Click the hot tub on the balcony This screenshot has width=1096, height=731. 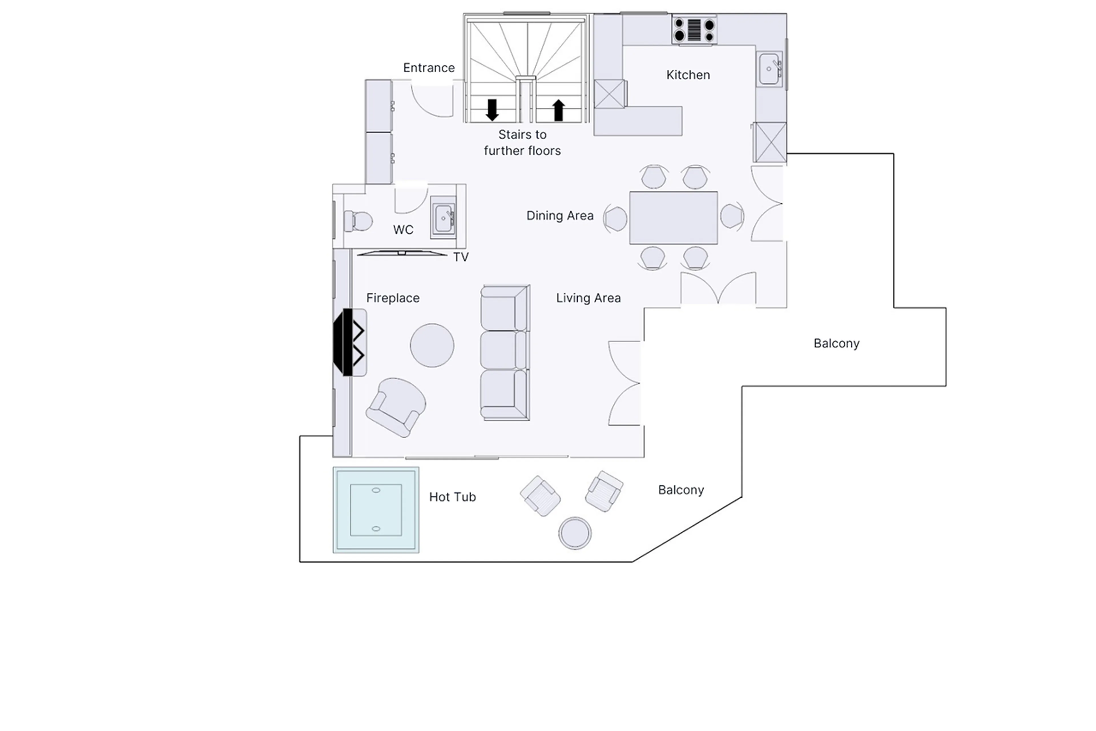pos(375,510)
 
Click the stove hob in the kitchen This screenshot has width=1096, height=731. pos(694,29)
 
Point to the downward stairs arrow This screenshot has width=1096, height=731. pos(492,110)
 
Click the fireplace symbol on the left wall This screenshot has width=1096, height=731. pos(349,342)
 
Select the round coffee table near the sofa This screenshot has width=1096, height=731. pos(432,345)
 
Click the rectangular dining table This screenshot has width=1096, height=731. pos(673,217)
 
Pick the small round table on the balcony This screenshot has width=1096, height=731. pos(575,532)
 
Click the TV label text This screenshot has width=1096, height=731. pos(461,257)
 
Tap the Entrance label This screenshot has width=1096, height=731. pos(428,68)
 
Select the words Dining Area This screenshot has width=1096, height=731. pos(559,215)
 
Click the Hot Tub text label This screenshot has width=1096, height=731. pos(452,497)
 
